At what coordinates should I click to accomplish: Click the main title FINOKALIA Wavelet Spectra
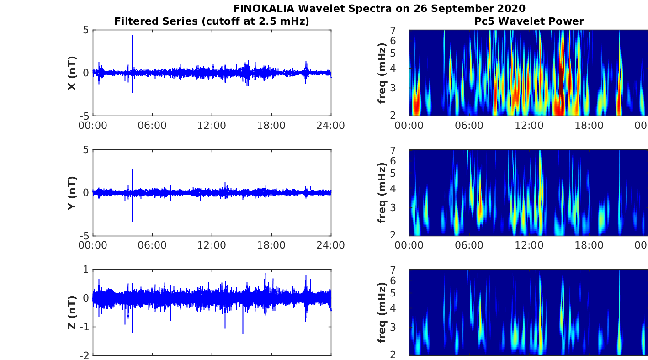379,8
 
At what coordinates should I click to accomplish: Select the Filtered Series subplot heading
212,21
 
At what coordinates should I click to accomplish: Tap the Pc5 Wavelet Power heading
529,21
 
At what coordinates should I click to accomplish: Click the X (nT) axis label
72,73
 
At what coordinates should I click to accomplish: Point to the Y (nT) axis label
72,193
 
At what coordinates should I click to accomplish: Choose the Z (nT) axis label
72,313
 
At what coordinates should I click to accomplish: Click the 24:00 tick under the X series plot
331,125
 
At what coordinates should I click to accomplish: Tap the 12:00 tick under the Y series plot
212,245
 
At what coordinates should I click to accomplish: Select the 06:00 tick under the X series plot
152,125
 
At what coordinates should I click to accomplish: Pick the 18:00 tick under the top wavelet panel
589,125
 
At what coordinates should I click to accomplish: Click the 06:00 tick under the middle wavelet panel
469,245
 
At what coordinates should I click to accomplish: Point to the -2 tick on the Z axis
85,355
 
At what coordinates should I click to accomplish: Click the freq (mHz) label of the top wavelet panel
382,73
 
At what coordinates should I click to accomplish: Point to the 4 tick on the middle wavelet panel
404,188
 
